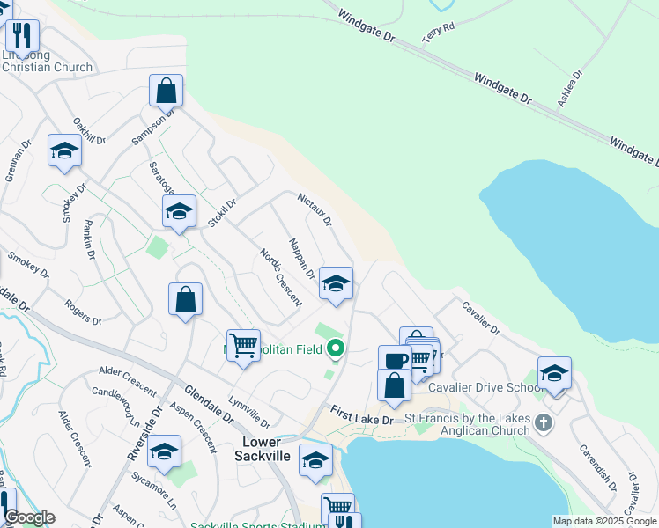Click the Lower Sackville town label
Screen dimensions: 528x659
coord(263,448)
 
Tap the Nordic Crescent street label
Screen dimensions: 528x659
coord(280,277)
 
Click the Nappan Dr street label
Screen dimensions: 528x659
coord(301,257)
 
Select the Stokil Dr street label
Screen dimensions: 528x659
coord(223,213)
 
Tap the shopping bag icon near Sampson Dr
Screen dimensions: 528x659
coord(166,89)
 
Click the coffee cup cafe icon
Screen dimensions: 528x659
coord(395,359)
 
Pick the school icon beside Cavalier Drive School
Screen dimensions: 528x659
coord(554,372)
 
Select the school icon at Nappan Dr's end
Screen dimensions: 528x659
coord(336,283)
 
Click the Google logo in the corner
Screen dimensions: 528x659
coord(28,518)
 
